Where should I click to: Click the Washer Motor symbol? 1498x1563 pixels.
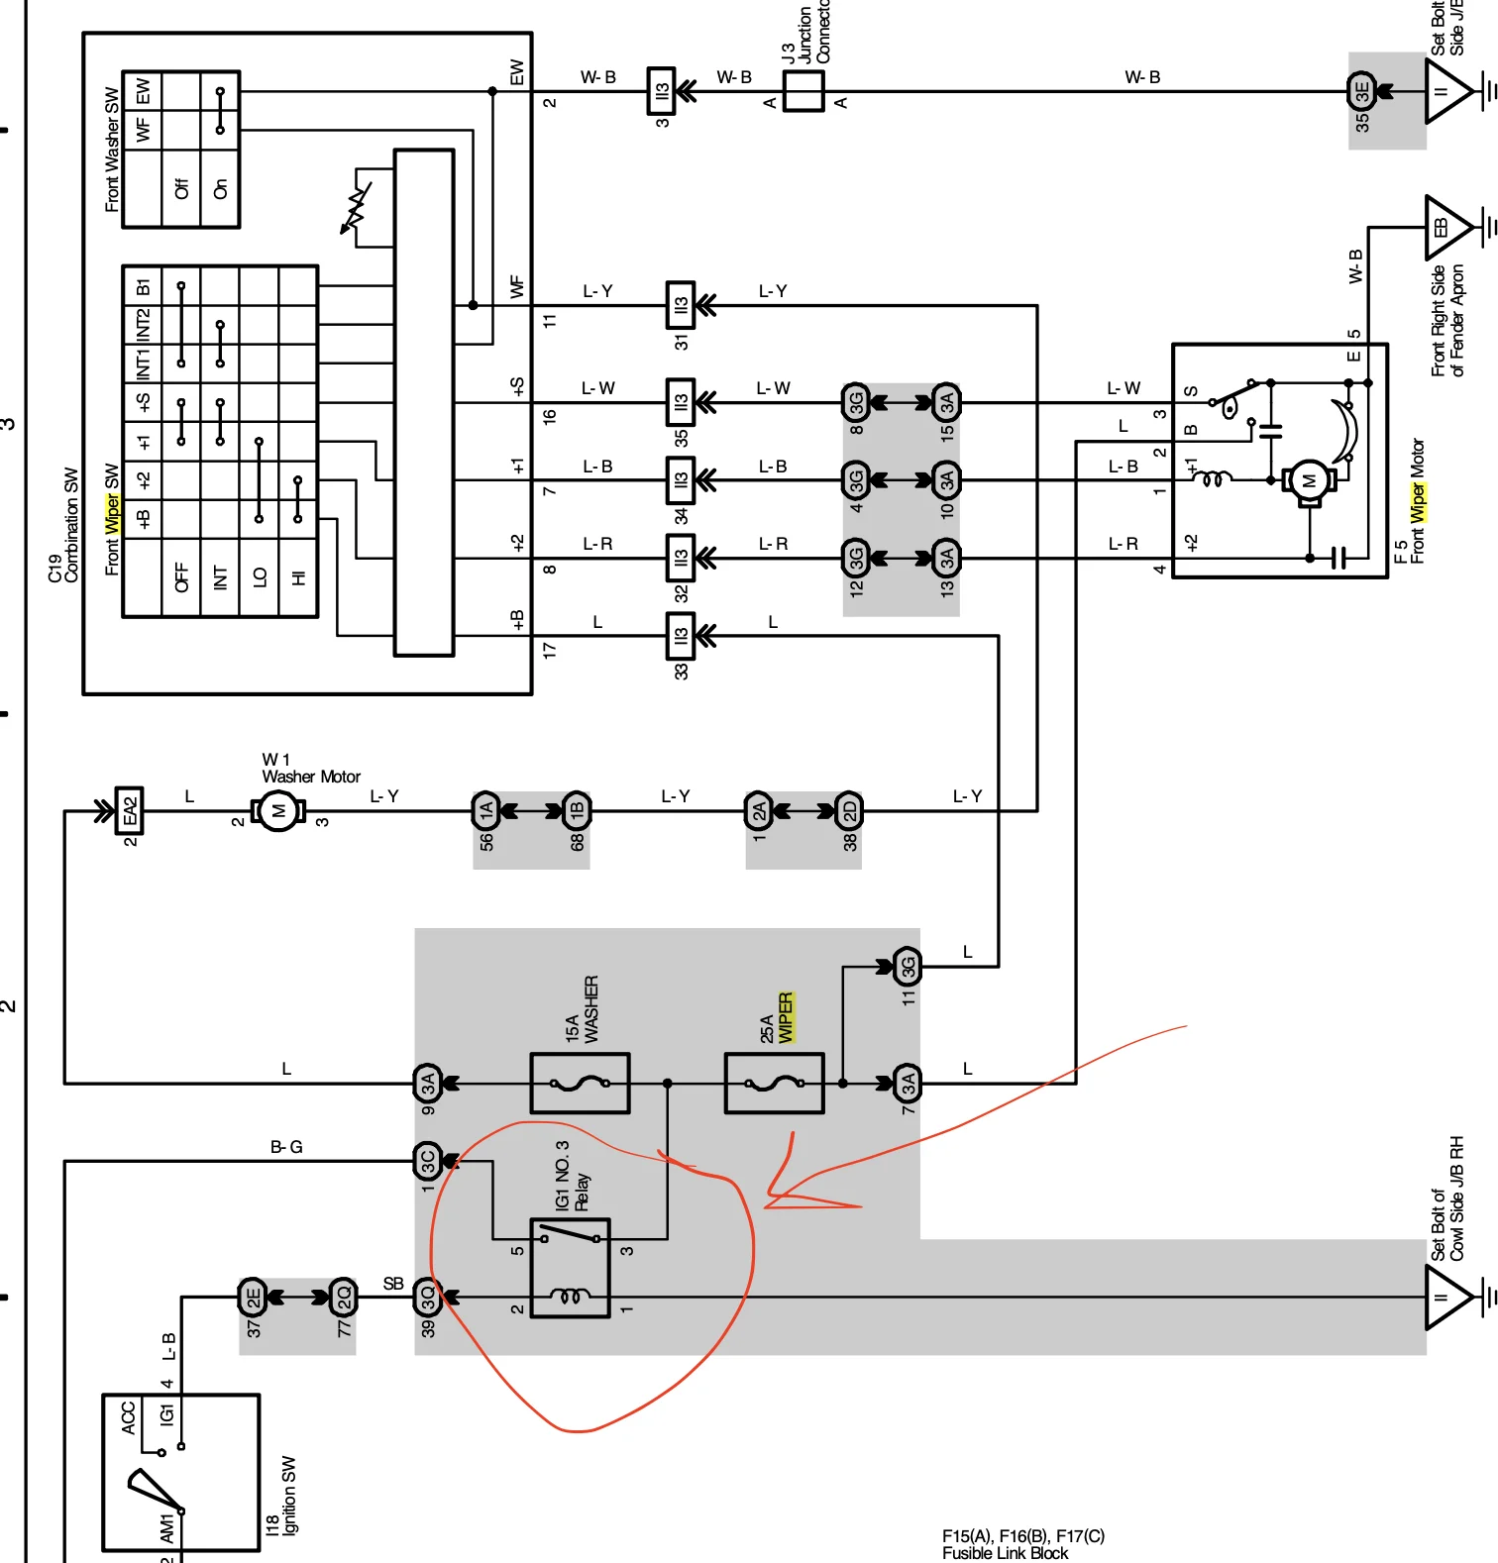tap(278, 811)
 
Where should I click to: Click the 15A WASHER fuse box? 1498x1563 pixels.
tap(580, 1083)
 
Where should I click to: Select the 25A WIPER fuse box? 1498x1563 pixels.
tap(774, 1083)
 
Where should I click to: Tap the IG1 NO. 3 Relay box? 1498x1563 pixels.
tap(570, 1268)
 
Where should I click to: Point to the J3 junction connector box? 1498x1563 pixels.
tap(803, 91)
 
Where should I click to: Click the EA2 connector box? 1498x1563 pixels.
tap(130, 811)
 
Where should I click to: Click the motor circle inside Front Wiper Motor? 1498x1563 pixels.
tap(1309, 481)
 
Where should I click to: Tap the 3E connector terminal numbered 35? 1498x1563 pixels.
tap(1362, 91)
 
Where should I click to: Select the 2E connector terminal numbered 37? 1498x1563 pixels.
tap(253, 1296)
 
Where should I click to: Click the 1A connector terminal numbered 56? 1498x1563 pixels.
tap(485, 811)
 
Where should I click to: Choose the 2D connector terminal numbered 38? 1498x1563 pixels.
tap(849, 811)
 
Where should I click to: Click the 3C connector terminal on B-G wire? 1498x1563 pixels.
tap(427, 1160)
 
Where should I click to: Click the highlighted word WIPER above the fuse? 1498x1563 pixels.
tap(786, 1017)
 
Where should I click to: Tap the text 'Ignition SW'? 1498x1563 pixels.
tap(289, 1496)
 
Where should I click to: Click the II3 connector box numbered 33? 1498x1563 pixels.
tap(681, 636)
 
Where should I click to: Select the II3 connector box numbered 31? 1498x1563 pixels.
tap(681, 305)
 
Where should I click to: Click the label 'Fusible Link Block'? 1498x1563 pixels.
tap(1005, 1553)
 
